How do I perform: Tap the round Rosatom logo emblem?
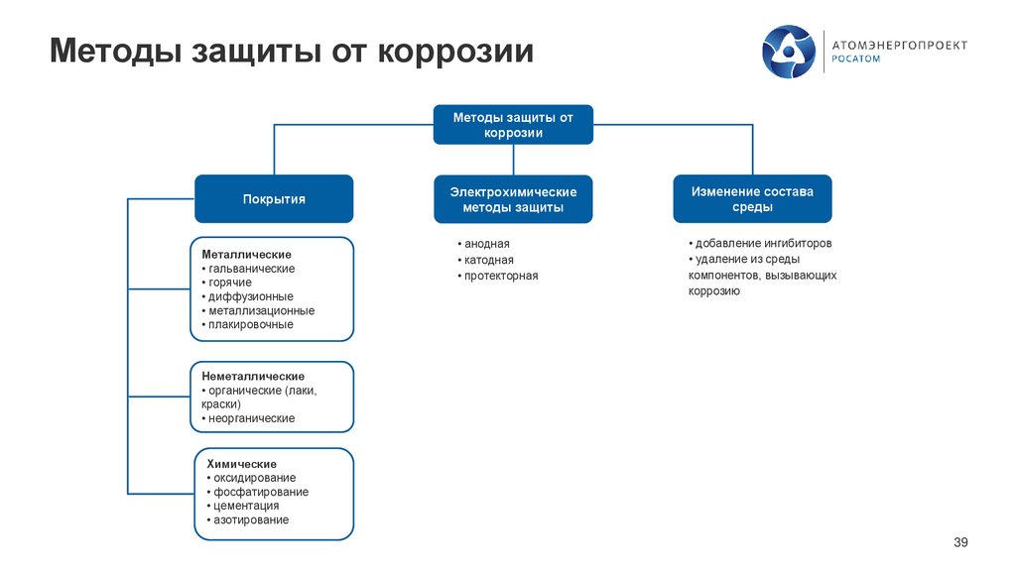click(790, 52)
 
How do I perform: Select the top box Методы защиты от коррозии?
click(513, 125)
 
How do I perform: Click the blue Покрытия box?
click(274, 199)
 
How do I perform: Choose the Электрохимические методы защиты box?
click(513, 199)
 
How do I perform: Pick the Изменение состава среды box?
click(752, 199)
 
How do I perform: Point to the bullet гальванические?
click(252, 268)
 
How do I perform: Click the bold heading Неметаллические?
click(253, 377)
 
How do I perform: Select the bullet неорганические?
click(252, 418)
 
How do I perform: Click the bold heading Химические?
click(242, 464)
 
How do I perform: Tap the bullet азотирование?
click(252, 519)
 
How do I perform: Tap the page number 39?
click(959, 541)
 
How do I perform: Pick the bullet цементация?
click(247, 506)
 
